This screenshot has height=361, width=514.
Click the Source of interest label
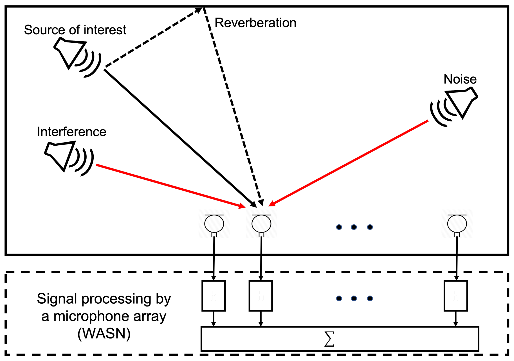point(75,30)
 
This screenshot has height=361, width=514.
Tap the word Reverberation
point(255,23)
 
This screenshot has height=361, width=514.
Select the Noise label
point(460,79)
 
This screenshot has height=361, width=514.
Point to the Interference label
point(71,132)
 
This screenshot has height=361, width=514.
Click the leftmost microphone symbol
point(214,224)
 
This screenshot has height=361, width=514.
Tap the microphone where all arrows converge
point(261,224)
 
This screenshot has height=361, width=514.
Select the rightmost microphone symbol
point(457,224)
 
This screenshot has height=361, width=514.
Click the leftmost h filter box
point(214,296)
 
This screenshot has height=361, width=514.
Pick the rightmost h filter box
point(455,296)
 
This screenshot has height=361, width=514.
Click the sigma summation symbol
point(329,339)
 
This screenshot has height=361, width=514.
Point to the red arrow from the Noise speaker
point(349,163)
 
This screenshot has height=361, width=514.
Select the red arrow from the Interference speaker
point(169,186)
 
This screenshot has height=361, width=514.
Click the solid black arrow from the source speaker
point(180,138)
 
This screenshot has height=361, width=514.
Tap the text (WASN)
point(104,334)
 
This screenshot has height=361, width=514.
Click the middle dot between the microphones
point(354,227)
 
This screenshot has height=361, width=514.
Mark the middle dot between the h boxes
point(354,298)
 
